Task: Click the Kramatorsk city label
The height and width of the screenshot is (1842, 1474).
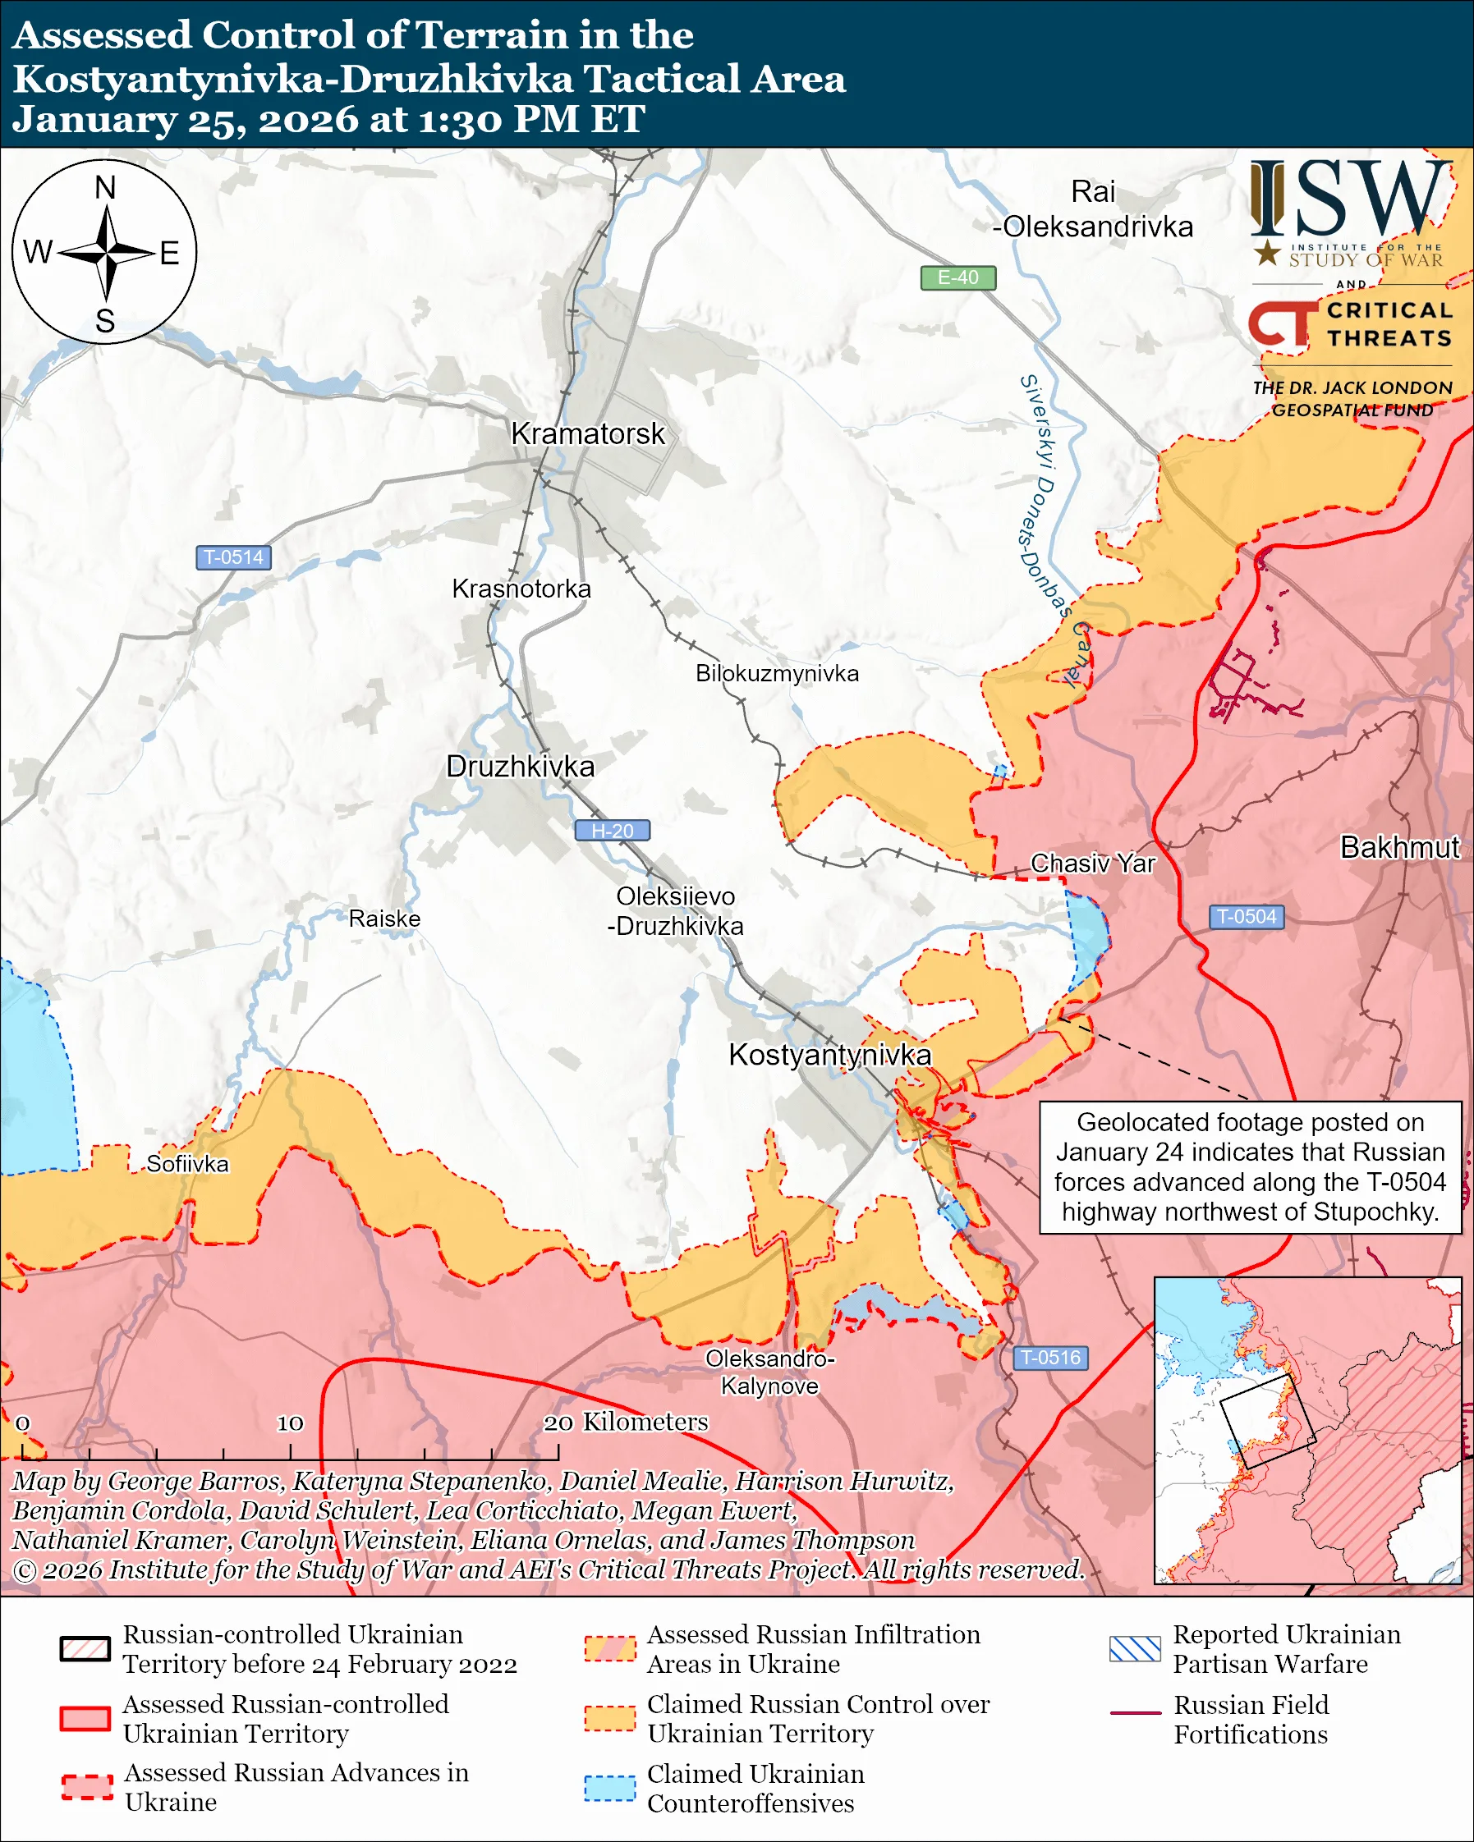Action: point(587,434)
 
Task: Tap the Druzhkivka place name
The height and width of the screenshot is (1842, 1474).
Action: point(520,767)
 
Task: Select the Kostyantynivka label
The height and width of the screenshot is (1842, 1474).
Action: point(829,1055)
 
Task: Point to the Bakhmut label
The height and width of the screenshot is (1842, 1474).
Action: point(1399,847)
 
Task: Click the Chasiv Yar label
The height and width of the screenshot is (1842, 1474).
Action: point(1092,864)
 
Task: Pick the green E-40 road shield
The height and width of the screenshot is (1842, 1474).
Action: point(957,277)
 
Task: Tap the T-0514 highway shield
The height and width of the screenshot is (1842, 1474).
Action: point(233,558)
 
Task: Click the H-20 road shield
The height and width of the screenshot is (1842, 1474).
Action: point(612,831)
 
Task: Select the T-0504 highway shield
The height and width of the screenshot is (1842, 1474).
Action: point(1246,917)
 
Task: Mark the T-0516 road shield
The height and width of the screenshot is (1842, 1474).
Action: point(1050,1358)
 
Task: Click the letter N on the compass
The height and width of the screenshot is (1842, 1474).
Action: point(105,188)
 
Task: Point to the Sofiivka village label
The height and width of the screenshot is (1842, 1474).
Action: point(187,1164)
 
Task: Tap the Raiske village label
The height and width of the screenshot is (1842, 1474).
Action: point(384,919)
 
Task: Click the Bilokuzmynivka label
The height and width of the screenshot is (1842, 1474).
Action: point(777,673)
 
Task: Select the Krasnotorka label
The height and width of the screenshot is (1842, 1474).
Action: point(521,589)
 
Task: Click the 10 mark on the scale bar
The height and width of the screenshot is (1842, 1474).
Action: point(290,1423)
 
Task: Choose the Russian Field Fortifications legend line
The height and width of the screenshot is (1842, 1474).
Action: point(1135,1713)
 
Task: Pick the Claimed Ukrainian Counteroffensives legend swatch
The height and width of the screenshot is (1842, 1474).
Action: point(609,1788)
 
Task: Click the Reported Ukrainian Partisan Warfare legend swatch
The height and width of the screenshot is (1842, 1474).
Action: point(1135,1648)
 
